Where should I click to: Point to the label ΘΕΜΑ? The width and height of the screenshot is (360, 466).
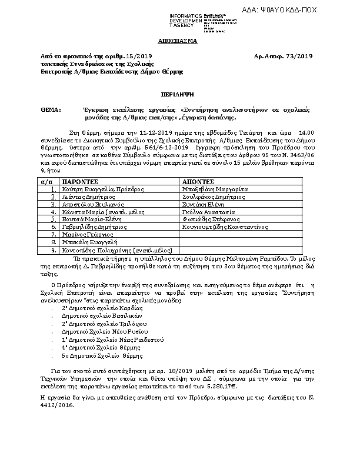click(x=52, y=111)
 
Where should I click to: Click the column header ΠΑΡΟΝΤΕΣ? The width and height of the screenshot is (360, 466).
click(x=81, y=182)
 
